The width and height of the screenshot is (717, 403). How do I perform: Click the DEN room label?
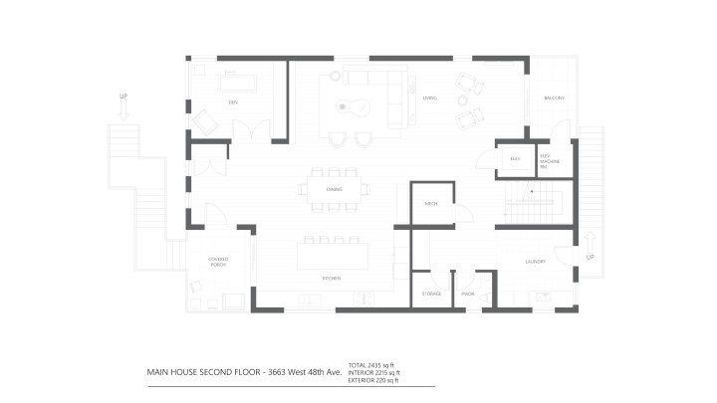coord(233,101)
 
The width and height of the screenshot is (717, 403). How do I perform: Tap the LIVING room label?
coord(429,98)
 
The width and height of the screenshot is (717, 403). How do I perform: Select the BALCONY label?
coord(554,98)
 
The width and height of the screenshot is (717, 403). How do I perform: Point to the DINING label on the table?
coord(334,189)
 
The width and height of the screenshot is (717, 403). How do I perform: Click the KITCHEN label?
coord(330,278)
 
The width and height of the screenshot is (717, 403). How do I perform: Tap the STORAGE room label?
coord(431,294)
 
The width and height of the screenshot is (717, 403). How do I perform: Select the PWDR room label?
coord(467,294)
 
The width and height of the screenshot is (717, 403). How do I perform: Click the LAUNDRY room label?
coord(535,262)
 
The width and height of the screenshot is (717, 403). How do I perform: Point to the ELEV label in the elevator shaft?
coord(515,158)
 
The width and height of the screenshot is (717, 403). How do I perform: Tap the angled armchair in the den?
coord(206,122)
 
